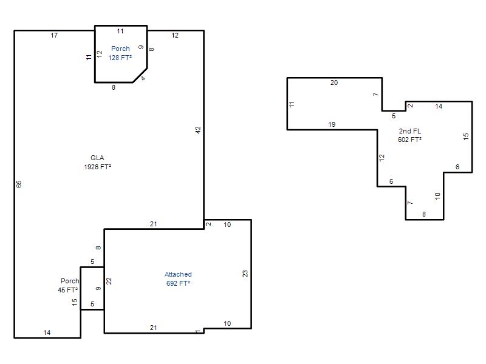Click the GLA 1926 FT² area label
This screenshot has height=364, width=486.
(97, 162)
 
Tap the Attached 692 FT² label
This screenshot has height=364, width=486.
(178, 279)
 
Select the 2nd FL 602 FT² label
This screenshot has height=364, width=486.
(409, 135)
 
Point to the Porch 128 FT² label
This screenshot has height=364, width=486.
(120, 53)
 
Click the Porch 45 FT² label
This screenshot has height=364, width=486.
(69, 285)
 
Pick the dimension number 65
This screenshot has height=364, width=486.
(19, 184)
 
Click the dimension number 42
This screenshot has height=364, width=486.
(199, 130)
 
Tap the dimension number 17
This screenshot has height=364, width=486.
(54, 35)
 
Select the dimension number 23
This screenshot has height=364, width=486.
(245, 274)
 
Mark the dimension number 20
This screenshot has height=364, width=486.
(334, 83)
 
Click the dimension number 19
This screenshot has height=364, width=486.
(332, 124)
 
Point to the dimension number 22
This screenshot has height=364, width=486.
(109, 281)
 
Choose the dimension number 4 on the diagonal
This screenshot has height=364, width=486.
(143, 78)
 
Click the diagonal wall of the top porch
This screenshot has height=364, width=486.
(140, 75)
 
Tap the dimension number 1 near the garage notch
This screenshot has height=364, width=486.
(198, 332)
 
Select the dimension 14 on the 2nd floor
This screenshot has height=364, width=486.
(439, 107)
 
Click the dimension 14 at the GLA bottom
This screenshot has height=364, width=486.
(47, 332)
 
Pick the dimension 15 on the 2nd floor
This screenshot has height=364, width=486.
(466, 136)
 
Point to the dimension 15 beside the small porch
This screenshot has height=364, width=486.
(75, 302)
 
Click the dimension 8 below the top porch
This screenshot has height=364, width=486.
(114, 87)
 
